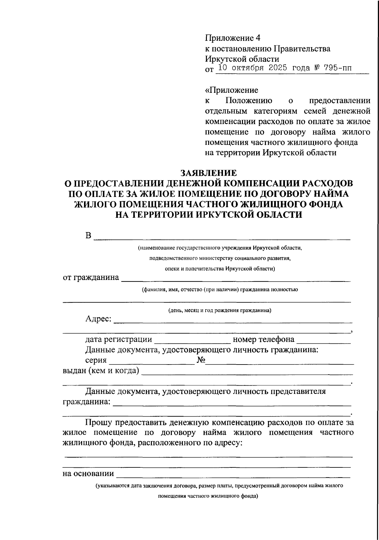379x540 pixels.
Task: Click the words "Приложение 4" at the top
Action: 233,39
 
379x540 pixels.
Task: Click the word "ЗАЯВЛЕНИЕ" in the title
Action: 208,173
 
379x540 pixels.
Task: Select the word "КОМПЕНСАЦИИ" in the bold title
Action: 252,184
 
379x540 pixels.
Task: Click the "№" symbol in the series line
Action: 201,361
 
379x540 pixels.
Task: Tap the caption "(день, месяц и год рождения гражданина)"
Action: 220,310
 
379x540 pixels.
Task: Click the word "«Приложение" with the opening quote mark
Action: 232,90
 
